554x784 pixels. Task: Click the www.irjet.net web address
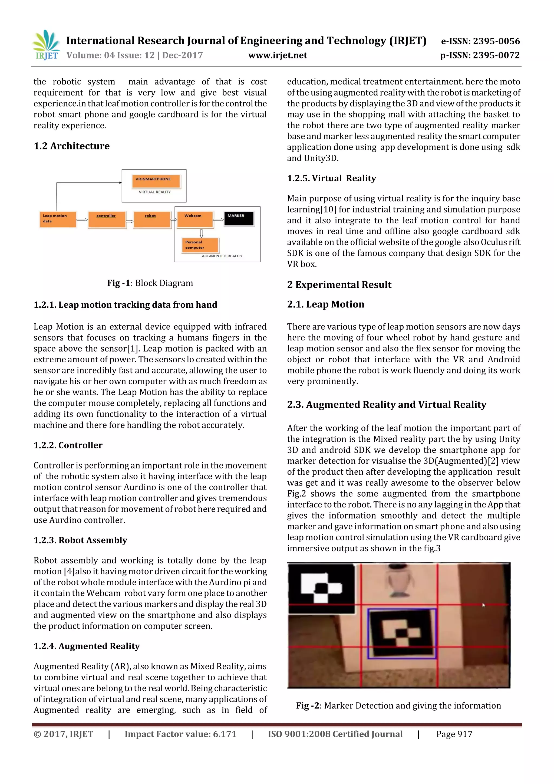277,55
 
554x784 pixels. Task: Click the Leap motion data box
57,219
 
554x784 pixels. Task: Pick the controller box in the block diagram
107,219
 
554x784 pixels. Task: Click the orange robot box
151,219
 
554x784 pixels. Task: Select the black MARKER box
239,219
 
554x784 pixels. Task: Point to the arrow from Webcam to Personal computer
201,233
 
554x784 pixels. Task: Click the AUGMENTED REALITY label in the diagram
222,256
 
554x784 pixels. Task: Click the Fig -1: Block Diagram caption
150,283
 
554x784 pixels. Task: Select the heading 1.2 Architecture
72,146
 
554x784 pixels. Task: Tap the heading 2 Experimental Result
339,284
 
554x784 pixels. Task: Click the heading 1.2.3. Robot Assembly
80,540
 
